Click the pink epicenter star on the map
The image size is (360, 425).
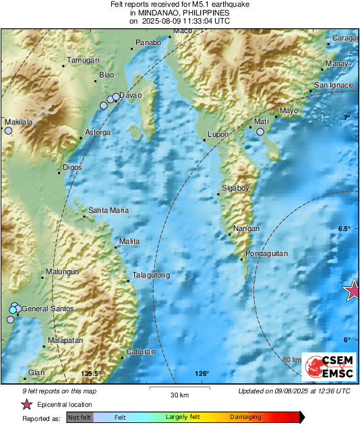(352, 290)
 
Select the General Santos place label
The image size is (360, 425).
(47, 309)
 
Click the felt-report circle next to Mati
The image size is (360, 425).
(260, 133)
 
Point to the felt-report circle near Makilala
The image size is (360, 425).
(8, 132)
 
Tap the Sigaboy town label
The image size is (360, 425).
(235, 189)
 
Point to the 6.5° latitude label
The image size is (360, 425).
(344, 229)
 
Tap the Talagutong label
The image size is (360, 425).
(151, 275)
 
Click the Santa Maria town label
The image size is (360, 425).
(109, 211)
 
